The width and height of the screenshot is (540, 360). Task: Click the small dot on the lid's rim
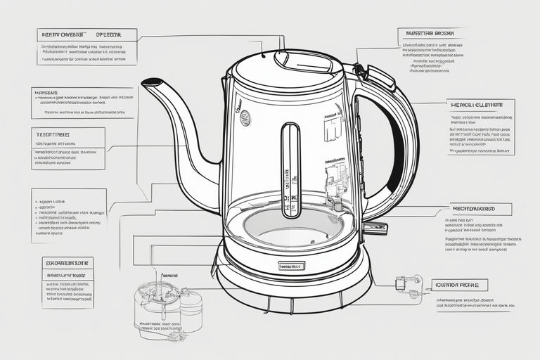262,54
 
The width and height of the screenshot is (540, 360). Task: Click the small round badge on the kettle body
245,119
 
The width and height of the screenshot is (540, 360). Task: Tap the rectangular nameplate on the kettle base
291,266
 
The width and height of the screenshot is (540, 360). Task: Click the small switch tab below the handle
377,228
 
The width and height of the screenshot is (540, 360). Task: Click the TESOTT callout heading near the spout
56,134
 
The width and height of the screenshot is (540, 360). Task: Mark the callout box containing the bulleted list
69,215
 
